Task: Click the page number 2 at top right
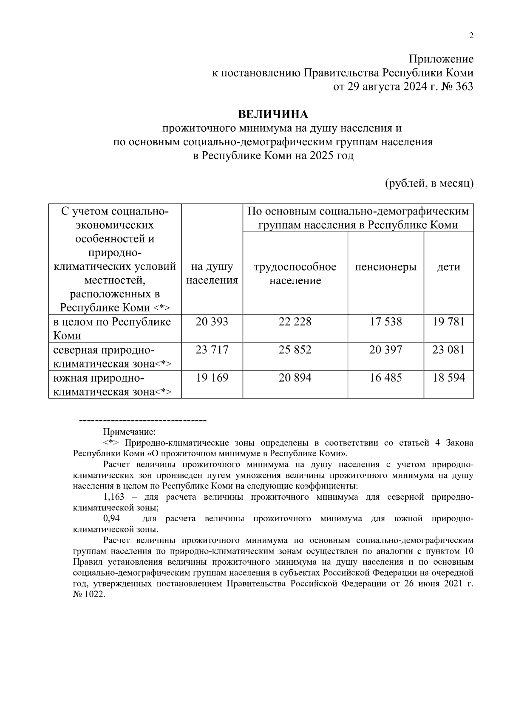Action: click(x=470, y=36)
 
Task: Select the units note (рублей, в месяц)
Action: click(x=429, y=184)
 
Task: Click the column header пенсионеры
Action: click(x=385, y=267)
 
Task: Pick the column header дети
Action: click(x=448, y=267)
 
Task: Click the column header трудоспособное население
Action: click(x=295, y=274)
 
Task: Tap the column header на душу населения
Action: click(x=212, y=274)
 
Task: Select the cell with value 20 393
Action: click(x=212, y=322)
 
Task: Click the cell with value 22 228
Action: click(x=295, y=322)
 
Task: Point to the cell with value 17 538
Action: click(x=385, y=322)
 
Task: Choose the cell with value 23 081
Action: click(x=448, y=350)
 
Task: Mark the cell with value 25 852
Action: click(x=295, y=350)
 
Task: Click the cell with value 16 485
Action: click(x=385, y=378)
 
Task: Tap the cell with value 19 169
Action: click(x=212, y=378)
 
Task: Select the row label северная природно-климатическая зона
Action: click(x=112, y=357)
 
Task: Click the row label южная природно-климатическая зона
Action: click(x=112, y=385)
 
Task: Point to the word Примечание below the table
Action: click(x=130, y=432)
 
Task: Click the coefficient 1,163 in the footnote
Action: click(x=114, y=497)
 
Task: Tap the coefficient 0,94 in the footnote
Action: click(x=112, y=519)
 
